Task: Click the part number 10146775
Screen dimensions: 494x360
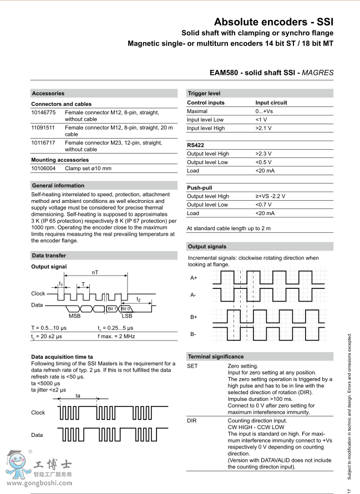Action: click(x=43, y=113)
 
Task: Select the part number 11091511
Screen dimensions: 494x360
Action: click(x=43, y=128)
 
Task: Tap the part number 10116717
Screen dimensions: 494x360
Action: click(x=43, y=142)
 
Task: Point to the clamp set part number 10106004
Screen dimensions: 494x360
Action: click(x=43, y=168)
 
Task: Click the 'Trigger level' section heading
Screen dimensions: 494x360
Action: click(x=204, y=93)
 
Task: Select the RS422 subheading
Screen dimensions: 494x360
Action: click(x=196, y=145)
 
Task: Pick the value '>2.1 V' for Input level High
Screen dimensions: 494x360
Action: click(x=264, y=128)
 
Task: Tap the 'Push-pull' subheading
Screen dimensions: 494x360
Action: click(x=200, y=188)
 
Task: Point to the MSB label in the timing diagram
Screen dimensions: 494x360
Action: click(x=74, y=315)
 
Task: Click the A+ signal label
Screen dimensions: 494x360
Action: click(x=194, y=277)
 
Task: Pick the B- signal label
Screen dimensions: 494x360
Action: click(x=194, y=334)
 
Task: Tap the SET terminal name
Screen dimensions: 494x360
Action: click(x=192, y=366)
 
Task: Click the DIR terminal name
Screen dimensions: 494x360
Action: click(x=192, y=421)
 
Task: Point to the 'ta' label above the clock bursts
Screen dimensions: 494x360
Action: click(x=78, y=395)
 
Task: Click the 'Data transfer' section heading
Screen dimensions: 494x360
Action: click(x=49, y=256)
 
